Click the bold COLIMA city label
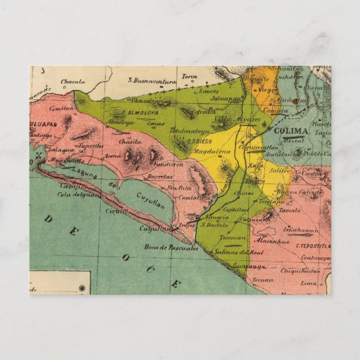291,131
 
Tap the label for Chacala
73,82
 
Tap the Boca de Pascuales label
171,247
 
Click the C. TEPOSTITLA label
313,245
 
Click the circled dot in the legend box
82,288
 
